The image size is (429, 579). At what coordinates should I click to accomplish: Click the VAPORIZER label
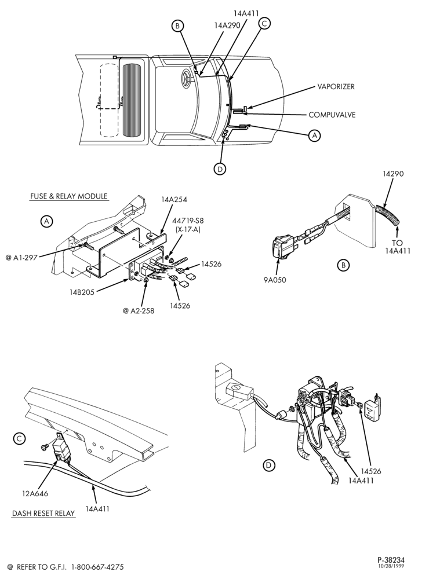point(336,87)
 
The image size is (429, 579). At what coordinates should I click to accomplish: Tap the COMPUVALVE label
point(332,115)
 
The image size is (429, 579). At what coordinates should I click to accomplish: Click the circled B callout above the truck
point(177,25)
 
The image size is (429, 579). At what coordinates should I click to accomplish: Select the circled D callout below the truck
point(220,168)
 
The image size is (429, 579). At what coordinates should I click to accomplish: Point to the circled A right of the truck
point(314,135)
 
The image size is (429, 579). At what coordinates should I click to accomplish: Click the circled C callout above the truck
point(264,23)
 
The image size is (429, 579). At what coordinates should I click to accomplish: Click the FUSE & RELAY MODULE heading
point(69,196)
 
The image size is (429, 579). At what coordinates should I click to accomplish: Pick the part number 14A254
point(174,199)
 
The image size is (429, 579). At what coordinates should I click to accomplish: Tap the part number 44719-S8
point(187,221)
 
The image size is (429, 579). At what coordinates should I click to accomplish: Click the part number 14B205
point(82,292)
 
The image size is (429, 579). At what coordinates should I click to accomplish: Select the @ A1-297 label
point(21,258)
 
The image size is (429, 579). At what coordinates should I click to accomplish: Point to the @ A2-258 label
point(139,311)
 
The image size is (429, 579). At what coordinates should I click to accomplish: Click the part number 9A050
point(275,280)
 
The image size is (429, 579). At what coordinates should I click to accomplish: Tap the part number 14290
point(393,174)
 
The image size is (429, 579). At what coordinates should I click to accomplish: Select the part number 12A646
point(36,493)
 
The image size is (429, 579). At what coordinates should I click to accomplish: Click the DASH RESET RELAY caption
point(43,513)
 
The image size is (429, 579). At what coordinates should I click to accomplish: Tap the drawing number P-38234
point(391,560)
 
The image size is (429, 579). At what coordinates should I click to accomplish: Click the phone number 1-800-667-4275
point(97,567)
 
